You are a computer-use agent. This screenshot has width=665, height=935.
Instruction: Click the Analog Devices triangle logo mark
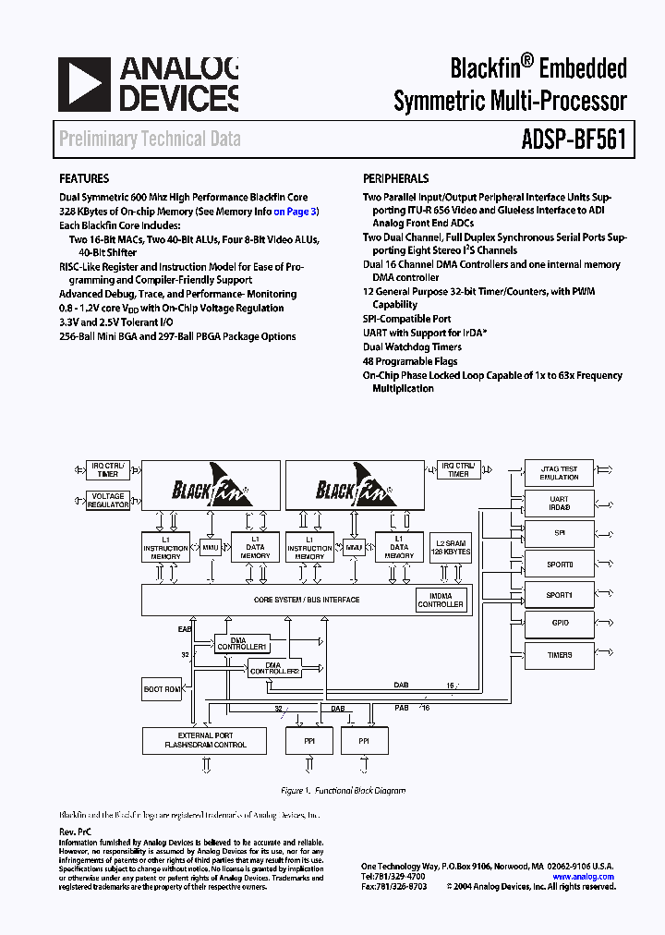(x=84, y=84)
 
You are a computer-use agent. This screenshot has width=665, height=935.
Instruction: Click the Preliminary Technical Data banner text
(x=150, y=140)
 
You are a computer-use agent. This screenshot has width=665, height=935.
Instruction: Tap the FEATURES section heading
(x=84, y=178)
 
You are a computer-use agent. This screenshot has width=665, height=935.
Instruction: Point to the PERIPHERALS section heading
(x=395, y=178)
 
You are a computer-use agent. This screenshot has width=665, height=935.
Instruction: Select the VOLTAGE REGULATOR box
(x=107, y=501)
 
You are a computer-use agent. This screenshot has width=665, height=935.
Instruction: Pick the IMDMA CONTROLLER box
(x=441, y=600)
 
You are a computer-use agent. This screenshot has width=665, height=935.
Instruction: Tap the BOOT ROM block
(x=162, y=689)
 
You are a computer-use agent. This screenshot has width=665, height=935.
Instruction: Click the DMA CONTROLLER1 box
(x=242, y=643)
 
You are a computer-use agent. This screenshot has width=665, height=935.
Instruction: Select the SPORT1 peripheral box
(x=559, y=595)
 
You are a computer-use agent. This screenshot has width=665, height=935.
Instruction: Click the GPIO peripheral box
(x=559, y=624)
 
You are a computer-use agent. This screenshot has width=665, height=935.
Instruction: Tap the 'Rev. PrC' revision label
(x=75, y=832)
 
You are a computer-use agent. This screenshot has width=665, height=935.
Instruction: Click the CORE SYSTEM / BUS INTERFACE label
(x=294, y=600)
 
